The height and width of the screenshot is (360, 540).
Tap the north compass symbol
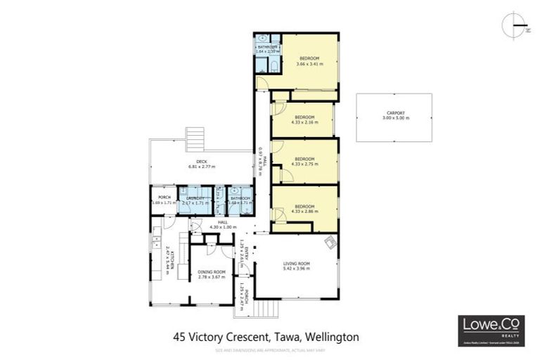[514, 25]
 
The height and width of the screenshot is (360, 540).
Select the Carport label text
[395, 115]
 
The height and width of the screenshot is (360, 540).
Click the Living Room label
[296, 266]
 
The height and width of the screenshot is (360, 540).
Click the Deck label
[202, 165]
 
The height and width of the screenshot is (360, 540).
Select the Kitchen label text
[167, 258]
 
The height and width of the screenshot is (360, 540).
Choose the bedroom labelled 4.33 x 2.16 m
[304, 120]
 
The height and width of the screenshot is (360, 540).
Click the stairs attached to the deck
[195, 134]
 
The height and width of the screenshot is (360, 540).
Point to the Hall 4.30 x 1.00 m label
[223, 225]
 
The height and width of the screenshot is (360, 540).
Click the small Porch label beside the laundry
[164, 200]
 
